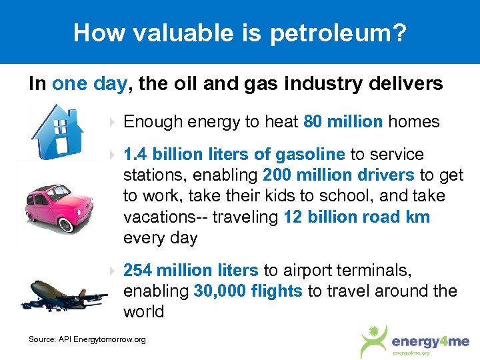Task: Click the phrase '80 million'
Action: click(343, 122)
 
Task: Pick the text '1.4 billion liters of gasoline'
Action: click(234, 155)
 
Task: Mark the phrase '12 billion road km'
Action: click(357, 217)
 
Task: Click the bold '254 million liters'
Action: click(191, 270)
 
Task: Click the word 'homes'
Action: click(414, 122)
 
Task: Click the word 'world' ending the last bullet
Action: click(144, 312)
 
